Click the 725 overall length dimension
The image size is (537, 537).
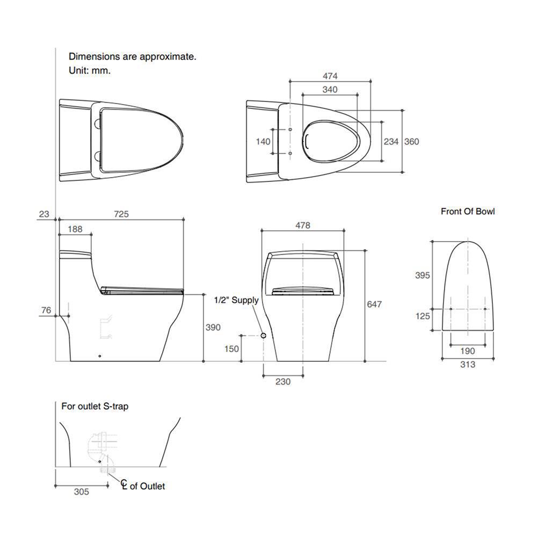tap(121, 214)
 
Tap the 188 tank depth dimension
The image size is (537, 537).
tap(75, 229)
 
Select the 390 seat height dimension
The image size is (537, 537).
tap(213, 328)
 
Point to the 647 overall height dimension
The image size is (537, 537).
tap(374, 304)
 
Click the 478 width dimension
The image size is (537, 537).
tap(303, 226)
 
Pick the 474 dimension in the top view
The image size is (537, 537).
tap(330, 76)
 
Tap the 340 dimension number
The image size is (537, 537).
tap(330, 89)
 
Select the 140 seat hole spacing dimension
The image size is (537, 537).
tap(263, 141)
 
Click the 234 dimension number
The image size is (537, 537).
tap(391, 141)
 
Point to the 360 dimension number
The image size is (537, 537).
tap(412, 141)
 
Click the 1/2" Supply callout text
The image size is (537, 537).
tap(236, 300)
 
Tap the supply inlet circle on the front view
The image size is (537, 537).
tap(263, 335)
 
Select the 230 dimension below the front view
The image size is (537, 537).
tap(283, 381)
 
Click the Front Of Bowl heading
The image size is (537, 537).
tap(468, 211)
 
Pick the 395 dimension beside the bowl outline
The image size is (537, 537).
tap(423, 275)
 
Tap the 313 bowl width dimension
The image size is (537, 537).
tap(468, 365)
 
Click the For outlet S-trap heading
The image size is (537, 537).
tap(95, 407)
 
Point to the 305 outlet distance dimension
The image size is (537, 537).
tap(82, 492)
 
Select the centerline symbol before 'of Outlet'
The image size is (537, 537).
tap(124, 484)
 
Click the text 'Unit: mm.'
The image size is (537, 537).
tap(90, 70)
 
